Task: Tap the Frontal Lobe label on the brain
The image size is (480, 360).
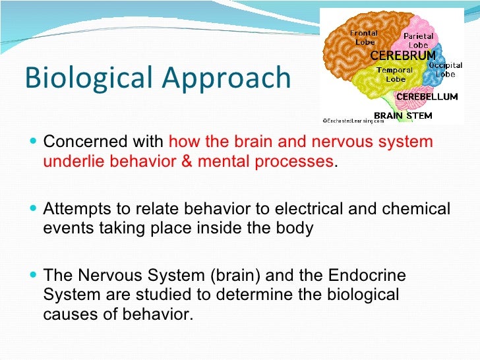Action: (x=365, y=38)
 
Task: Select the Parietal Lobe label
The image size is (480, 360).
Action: (x=417, y=41)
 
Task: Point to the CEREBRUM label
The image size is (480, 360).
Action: (x=403, y=55)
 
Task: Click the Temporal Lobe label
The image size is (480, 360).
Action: (x=395, y=74)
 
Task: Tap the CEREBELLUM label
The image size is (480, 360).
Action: (x=426, y=97)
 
